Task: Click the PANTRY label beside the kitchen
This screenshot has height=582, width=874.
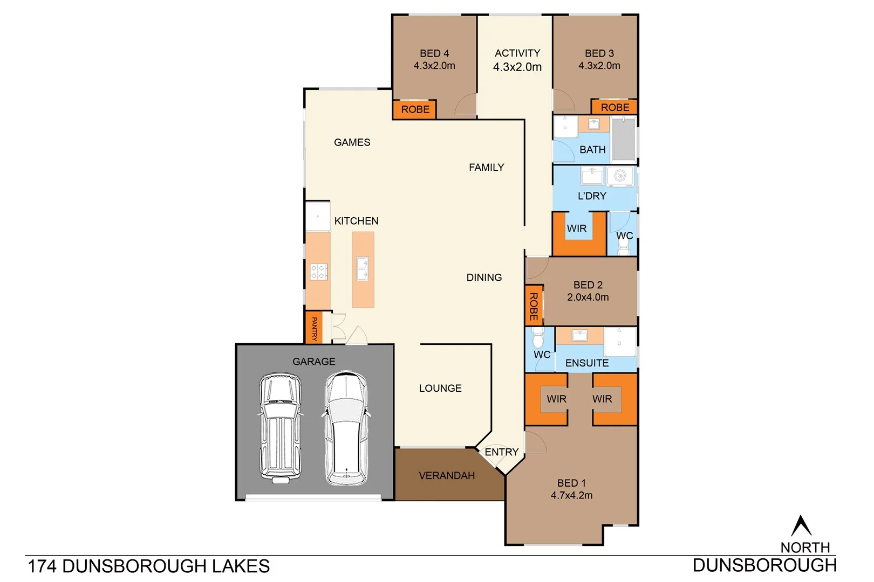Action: point(314,329)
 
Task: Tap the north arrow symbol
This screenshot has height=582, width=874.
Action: point(801,526)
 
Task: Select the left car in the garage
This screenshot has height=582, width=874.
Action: point(279,427)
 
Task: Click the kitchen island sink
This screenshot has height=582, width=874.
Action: point(363,269)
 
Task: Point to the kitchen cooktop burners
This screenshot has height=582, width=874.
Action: point(319,272)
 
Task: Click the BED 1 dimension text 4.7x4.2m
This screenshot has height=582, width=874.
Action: point(571,495)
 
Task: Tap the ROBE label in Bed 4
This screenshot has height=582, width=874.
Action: point(415,109)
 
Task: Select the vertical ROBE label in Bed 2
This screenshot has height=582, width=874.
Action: point(534,307)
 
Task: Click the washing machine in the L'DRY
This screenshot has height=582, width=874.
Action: point(620,176)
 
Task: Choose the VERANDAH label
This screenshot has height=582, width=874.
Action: point(447,476)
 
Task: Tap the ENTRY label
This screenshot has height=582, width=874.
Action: point(501,452)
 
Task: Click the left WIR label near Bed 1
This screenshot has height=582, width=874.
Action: point(556,399)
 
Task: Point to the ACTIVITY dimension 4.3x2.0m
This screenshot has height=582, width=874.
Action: point(517,67)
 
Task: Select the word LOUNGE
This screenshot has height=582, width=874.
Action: point(440,389)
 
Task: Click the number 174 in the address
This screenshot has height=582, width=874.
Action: point(42,566)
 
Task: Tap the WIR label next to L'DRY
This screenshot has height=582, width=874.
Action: point(576,228)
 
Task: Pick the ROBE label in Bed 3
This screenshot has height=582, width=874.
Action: point(614,107)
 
